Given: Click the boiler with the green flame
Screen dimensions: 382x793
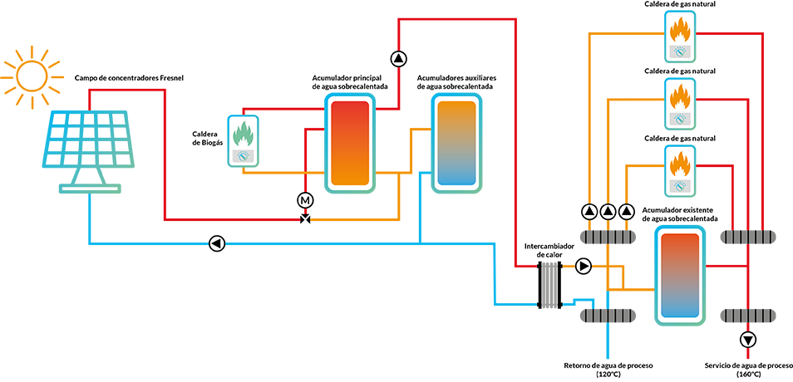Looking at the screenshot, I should point(244,142).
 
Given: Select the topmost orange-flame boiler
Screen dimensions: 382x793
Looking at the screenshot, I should point(681,34).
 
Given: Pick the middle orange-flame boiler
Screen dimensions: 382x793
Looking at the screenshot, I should point(681,102).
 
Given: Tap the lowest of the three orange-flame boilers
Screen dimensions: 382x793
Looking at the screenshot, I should point(681,170).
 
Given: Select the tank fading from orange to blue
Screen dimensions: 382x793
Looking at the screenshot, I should point(455,144).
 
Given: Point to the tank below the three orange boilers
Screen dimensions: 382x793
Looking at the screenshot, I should point(678,275).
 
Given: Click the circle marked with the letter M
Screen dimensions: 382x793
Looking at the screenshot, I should point(304,200).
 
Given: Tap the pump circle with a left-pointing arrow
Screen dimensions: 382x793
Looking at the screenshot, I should point(216,243).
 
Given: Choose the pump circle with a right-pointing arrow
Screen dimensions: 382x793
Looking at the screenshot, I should point(583,267).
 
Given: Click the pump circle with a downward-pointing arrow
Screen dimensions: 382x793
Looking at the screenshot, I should point(748,340).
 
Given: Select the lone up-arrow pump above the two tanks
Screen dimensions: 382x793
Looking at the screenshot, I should point(399,59).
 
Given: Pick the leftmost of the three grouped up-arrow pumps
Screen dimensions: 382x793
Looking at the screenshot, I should point(590,211).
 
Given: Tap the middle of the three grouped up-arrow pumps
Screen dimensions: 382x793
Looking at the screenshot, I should point(608,211).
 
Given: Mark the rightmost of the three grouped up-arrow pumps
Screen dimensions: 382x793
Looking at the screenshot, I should point(625,211).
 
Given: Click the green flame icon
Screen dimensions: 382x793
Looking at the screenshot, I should point(244,134).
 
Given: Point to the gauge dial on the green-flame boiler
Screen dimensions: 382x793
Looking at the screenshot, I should point(244,155).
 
